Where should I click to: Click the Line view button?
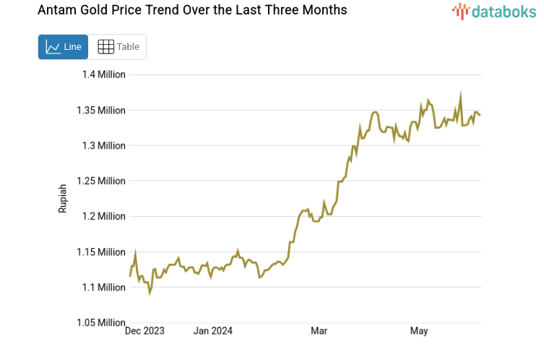[x=63, y=47]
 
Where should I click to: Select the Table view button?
[x=118, y=47]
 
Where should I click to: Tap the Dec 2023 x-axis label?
[x=144, y=331]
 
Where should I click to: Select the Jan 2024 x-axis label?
[x=213, y=331]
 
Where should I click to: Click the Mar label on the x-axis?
[x=319, y=331]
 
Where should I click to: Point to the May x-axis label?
[x=419, y=331]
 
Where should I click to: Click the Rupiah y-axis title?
[x=63, y=198]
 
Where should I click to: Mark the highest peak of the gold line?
[x=460, y=94]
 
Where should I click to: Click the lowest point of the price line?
[x=150, y=293]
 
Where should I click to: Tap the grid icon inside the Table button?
[x=105, y=47]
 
